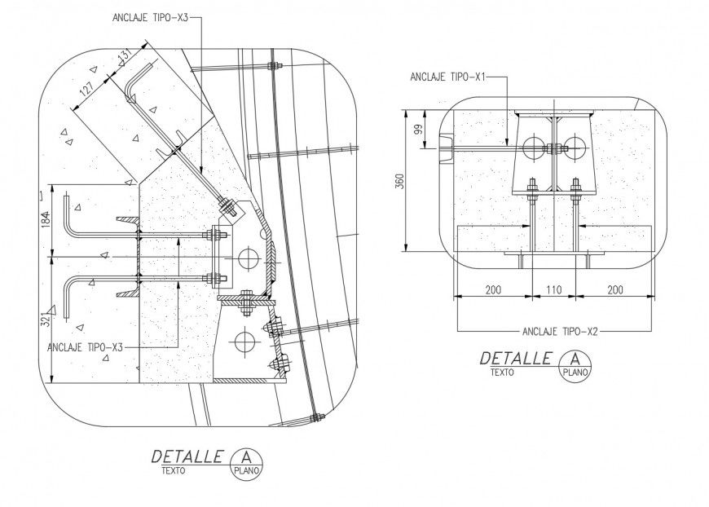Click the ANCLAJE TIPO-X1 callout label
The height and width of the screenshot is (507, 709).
coord(449,77)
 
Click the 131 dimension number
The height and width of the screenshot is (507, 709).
coord(124,57)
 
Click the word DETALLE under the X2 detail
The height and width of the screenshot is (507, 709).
coord(516,358)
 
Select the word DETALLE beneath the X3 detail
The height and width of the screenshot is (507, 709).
coord(187,456)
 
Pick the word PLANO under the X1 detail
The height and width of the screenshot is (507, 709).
coord(576,372)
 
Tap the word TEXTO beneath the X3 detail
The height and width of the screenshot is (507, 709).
coord(173,471)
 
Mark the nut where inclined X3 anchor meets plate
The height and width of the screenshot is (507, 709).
coord(228,207)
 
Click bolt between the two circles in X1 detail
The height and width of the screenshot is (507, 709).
coord(553,148)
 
